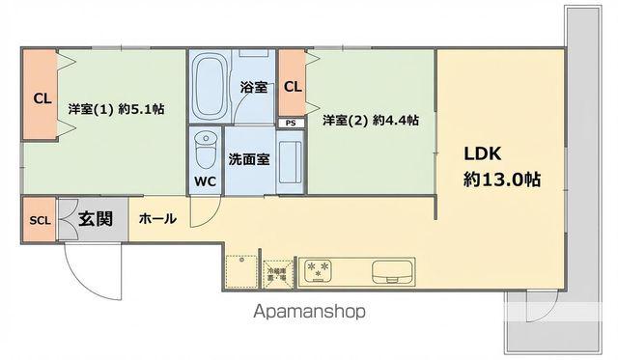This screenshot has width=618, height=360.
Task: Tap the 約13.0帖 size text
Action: point(501,180)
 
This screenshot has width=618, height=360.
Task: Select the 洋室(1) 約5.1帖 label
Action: point(116,110)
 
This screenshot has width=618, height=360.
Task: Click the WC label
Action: point(205,180)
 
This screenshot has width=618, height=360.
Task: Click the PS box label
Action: point(290,124)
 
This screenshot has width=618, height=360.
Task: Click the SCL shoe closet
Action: point(40,220)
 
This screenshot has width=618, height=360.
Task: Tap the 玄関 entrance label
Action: point(96,219)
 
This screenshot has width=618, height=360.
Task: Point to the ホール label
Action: point(157,219)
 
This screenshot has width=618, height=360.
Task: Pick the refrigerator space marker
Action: point(276,273)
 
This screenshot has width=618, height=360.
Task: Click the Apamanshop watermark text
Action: point(308,312)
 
